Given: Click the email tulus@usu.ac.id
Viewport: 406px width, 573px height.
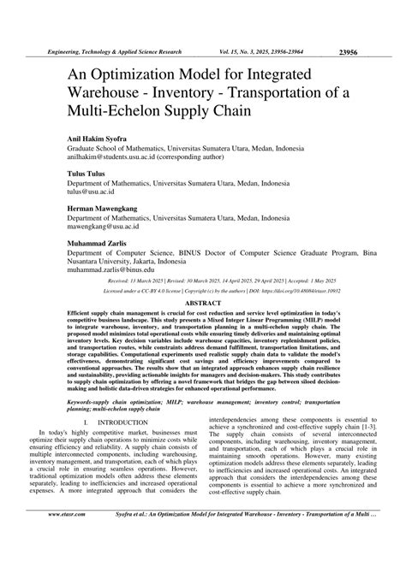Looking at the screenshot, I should click(98, 193).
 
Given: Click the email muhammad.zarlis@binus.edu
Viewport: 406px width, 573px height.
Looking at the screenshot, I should click(117, 269).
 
